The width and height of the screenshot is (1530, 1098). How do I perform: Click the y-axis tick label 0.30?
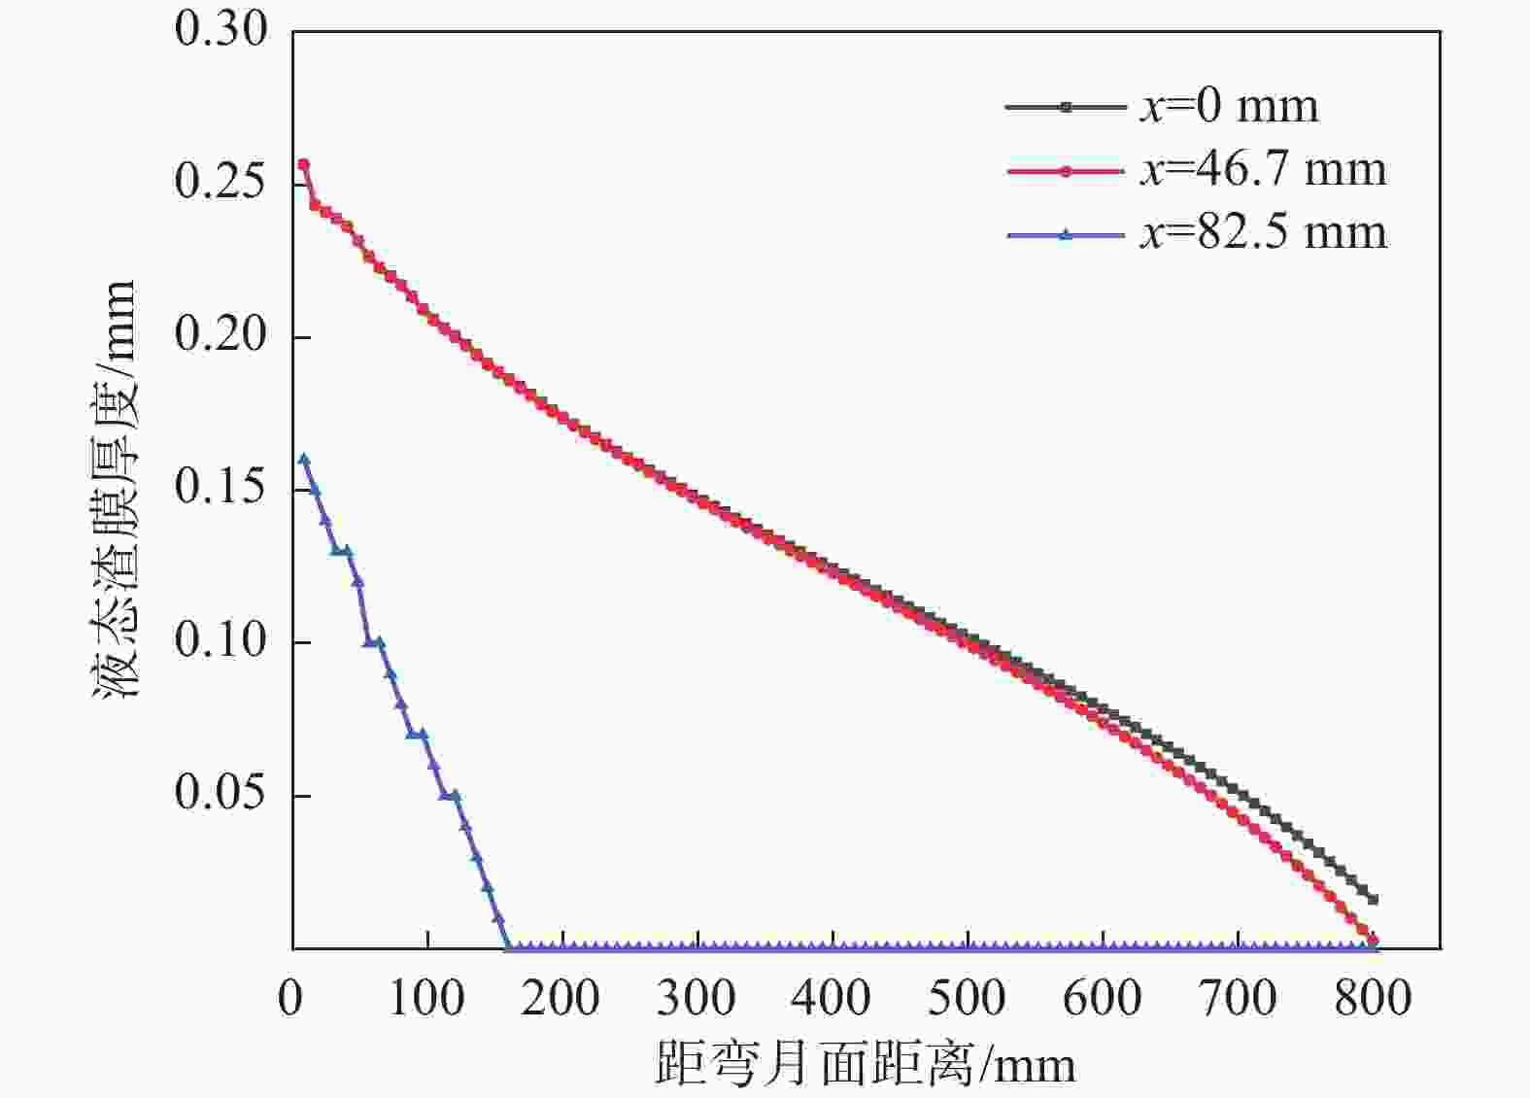click(x=221, y=29)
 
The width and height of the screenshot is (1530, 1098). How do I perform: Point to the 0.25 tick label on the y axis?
click(x=221, y=182)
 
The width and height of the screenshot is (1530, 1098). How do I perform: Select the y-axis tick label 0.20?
click(x=221, y=335)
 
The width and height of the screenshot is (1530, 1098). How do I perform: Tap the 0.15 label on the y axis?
click(x=221, y=488)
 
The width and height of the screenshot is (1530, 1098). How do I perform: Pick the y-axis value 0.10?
click(x=221, y=640)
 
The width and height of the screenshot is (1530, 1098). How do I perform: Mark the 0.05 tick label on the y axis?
click(x=221, y=793)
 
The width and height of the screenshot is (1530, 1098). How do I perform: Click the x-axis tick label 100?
click(x=426, y=998)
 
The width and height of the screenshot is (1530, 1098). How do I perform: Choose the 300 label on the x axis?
click(x=697, y=998)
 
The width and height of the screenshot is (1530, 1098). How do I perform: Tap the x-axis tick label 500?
click(x=967, y=998)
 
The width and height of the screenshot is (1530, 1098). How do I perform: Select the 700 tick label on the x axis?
click(x=1237, y=998)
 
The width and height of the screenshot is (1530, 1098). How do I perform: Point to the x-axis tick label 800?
click(x=1372, y=998)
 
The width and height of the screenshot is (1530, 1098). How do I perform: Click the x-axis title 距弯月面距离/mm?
click(x=865, y=1064)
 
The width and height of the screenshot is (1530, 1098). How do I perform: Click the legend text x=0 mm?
click(x=1229, y=107)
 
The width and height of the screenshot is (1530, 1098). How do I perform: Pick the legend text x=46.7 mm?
click(x=1263, y=170)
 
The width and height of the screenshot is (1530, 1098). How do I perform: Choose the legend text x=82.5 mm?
click(x=1263, y=233)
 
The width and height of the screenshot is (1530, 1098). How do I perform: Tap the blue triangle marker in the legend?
click(x=1066, y=233)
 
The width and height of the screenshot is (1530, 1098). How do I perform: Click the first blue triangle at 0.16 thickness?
click(x=304, y=459)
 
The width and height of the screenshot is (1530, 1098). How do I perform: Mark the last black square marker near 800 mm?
click(x=1373, y=899)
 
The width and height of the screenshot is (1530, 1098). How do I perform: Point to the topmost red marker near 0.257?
click(x=303, y=164)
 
